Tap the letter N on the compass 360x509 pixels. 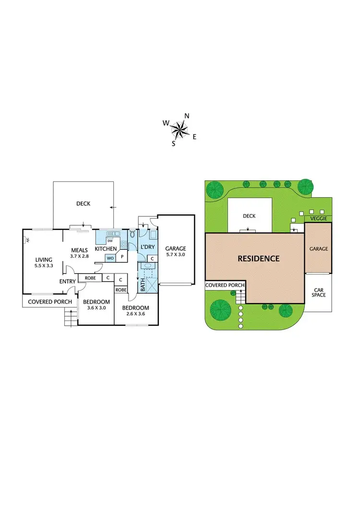point(187,116)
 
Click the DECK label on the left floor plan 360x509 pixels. point(83,203)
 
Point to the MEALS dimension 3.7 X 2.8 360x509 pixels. point(79,256)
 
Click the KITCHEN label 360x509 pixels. point(106,249)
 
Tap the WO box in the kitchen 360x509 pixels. point(110,258)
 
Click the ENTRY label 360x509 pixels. point(67,281)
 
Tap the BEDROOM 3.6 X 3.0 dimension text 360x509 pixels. point(96,308)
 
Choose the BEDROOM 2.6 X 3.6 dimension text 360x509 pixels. point(135,314)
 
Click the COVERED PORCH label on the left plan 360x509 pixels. point(50,302)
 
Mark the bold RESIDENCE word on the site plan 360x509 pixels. point(259,259)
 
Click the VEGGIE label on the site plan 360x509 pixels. point(318,219)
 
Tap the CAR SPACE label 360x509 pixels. point(319,292)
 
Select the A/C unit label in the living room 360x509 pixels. point(28,240)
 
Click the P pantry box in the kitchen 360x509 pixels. point(122,257)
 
